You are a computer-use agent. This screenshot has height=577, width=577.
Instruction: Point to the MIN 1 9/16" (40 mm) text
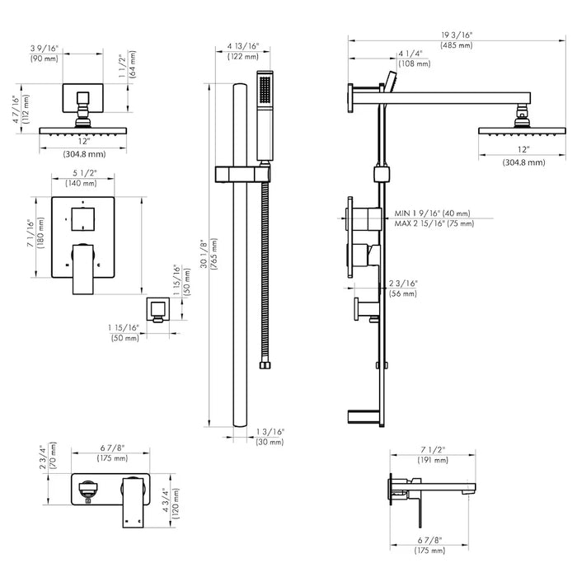tap(433, 213)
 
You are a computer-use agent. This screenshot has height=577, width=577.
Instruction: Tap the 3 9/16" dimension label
tap(45, 49)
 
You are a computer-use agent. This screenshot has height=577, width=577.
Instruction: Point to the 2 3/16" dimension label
tap(405, 284)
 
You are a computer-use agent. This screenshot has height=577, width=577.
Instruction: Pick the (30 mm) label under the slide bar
tap(270, 443)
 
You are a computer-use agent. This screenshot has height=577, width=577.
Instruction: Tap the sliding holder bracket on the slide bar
tap(243, 173)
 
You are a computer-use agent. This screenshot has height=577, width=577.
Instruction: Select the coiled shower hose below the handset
tap(265, 272)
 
